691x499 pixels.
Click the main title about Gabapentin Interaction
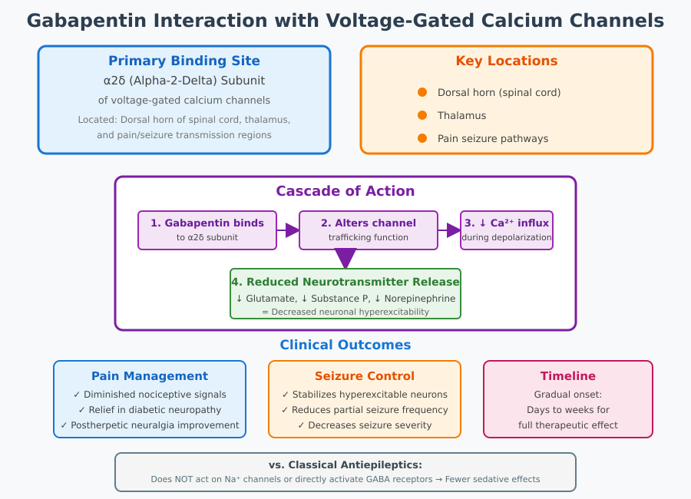point(345,21)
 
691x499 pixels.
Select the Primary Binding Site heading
point(184,61)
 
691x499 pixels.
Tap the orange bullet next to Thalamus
point(422,115)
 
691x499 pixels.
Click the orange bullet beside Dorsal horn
point(422,92)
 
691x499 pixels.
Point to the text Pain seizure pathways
point(493,139)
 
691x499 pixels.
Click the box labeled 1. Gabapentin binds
point(207,230)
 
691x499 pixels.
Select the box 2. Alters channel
point(369,230)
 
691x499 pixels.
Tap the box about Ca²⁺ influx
point(507,230)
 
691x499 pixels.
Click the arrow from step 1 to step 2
point(290,230)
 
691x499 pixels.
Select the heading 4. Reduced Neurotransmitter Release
point(345,282)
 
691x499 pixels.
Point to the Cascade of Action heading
point(345,191)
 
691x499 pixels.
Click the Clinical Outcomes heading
point(345,345)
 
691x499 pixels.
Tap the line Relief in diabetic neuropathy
point(150,410)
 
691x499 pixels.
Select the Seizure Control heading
point(365,376)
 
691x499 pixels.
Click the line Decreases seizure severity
point(365,425)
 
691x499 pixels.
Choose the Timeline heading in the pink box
point(568,376)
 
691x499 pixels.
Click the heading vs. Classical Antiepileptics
point(345,464)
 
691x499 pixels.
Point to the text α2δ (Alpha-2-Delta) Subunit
point(184,80)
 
